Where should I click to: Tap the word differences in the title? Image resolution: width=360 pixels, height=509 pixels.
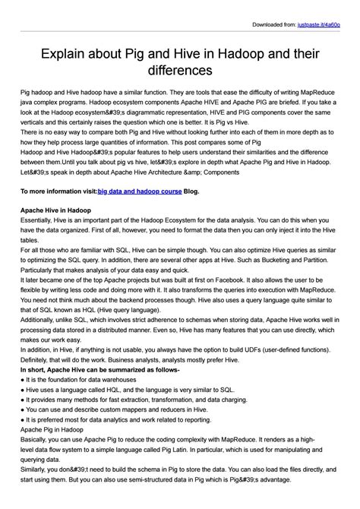[x=180, y=71]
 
